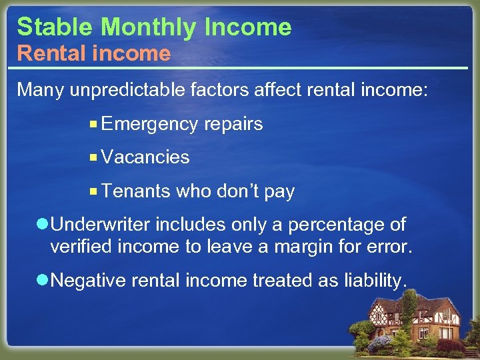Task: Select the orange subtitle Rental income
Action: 93,53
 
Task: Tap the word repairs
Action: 233,125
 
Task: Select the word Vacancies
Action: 146,157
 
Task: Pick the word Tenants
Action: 137,191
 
